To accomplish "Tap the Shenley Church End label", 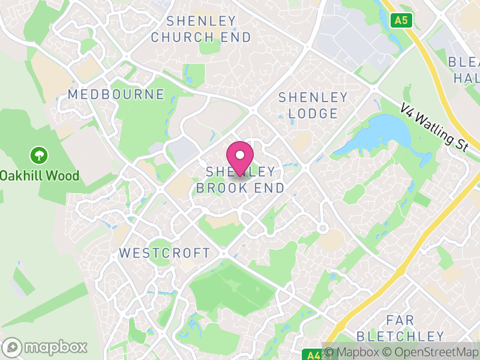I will pos(201,29).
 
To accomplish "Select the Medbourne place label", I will pos(116,94).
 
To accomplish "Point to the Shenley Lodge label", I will pos(313,105).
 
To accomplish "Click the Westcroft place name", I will pos(165,253).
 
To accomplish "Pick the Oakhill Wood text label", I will pos(40,176).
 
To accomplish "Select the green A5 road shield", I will pos(401,20).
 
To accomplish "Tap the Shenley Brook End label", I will pos(241,179).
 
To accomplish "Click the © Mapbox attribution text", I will pos(356,352).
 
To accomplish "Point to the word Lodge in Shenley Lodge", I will pos(313,113).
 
